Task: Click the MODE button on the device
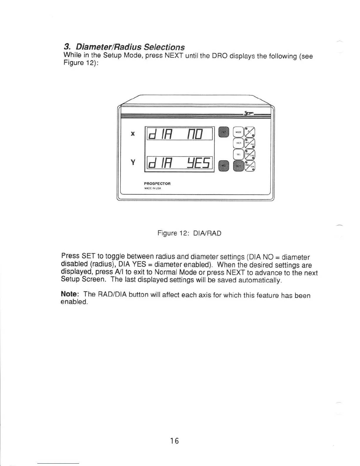pyautogui.click(x=238, y=132)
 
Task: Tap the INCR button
pyautogui.click(x=238, y=143)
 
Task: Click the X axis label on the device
pyautogui.click(x=133, y=134)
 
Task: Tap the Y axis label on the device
pyautogui.click(x=133, y=162)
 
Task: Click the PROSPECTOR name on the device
pyautogui.click(x=157, y=184)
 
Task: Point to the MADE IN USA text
pyautogui.click(x=153, y=188)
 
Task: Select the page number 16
pyautogui.click(x=174, y=441)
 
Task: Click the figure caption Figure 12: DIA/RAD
pyautogui.click(x=189, y=233)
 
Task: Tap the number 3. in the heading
pyautogui.click(x=67, y=47)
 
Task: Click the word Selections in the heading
pyautogui.click(x=164, y=47)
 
